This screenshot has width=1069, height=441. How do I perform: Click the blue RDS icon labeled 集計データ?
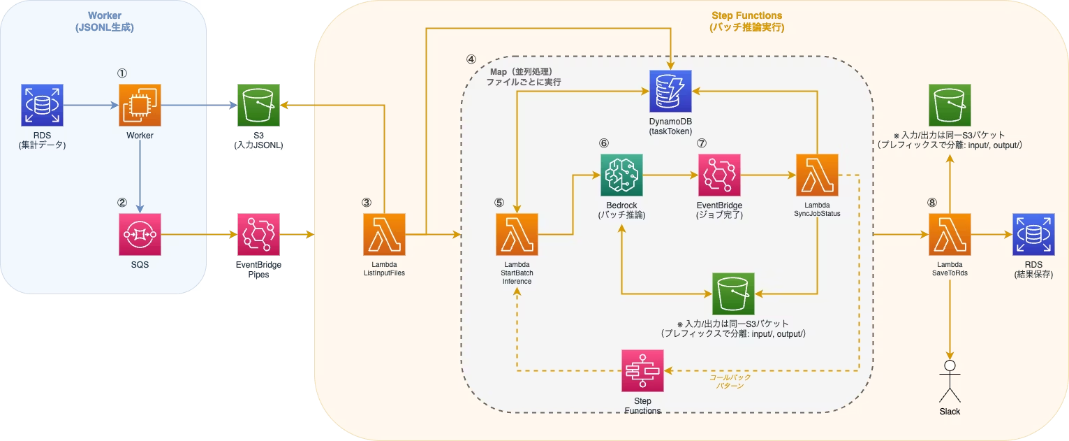[x=42, y=105]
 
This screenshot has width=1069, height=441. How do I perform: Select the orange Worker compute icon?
[x=140, y=105]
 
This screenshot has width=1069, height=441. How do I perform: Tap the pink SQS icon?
[x=140, y=234]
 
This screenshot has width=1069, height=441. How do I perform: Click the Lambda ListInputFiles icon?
[x=384, y=235]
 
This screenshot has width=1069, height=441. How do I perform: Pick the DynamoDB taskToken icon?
[x=670, y=91]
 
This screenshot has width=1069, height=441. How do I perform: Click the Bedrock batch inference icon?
[x=621, y=175]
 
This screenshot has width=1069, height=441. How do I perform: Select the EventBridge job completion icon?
[x=719, y=175]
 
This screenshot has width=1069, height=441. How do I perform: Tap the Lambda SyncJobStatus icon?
[x=816, y=175]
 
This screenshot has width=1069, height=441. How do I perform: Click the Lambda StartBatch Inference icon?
[x=517, y=235]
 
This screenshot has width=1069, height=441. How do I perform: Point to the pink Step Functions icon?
[x=642, y=370]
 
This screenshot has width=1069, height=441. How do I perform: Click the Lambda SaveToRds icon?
[x=950, y=235]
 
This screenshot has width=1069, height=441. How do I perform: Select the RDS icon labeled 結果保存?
[x=1033, y=235]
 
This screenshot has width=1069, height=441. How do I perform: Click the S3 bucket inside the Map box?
[x=733, y=294]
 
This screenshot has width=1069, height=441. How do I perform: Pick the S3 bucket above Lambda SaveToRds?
[x=950, y=105]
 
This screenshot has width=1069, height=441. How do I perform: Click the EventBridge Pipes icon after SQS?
[x=258, y=235]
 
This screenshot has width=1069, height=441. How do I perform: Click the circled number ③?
[x=367, y=202]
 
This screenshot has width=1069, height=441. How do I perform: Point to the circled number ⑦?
[x=702, y=142]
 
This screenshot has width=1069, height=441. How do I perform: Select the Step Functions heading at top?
[x=747, y=15]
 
